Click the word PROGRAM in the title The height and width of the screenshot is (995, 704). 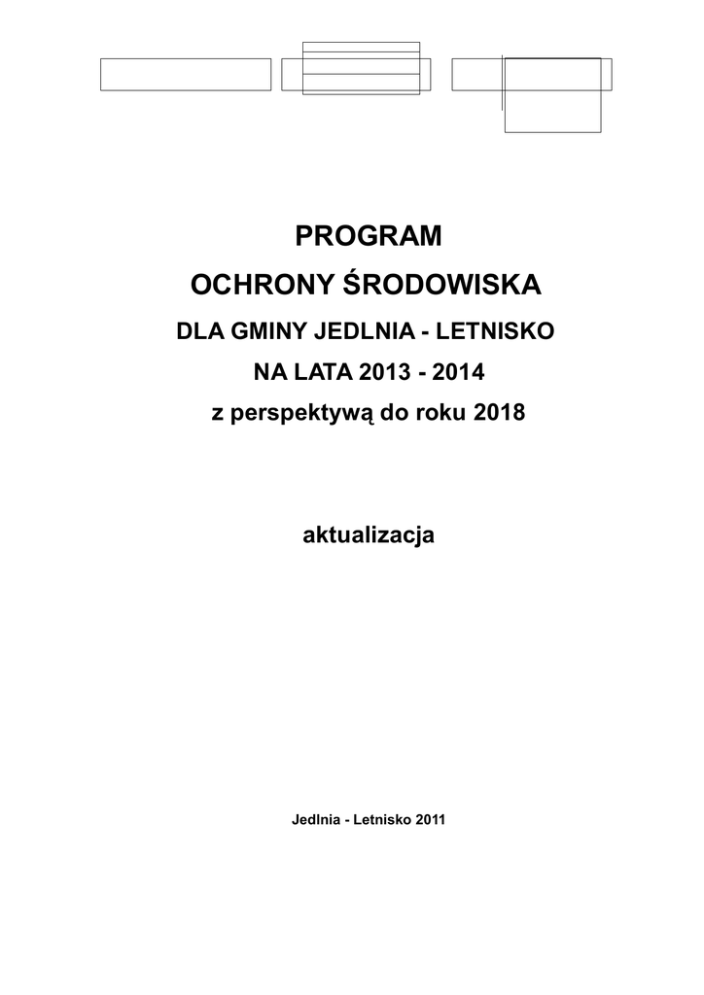click(x=368, y=236)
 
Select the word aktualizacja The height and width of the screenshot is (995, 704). click(x=368, y=534)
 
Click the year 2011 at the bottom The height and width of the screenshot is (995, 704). click(x=430, y=819)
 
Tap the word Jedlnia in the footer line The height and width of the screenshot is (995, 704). click(x=314, y=819)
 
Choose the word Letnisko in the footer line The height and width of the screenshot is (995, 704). click(x=381, y=819)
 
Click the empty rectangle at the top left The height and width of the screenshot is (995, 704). click(x=186, y=75)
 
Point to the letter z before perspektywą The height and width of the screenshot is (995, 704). click(x=217, y=413)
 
